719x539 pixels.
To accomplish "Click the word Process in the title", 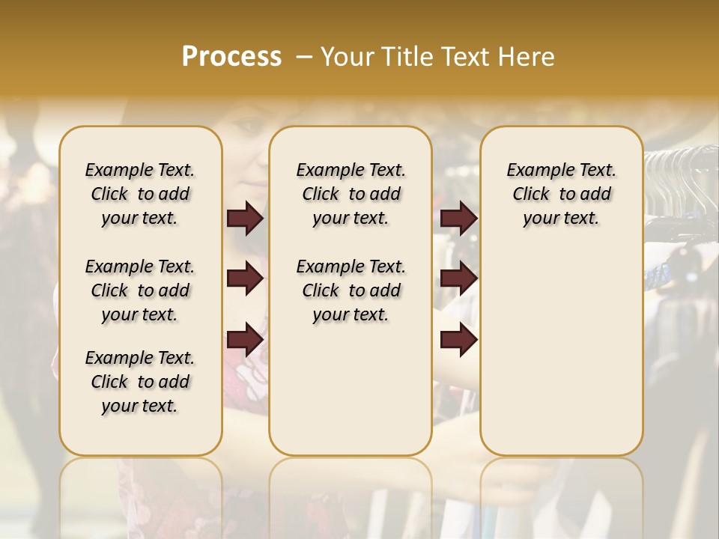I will [231, 57].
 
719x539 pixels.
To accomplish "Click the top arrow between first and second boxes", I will [245, 218].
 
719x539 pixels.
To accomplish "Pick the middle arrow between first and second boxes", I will [245, 278].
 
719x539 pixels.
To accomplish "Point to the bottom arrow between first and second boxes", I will [245, 339].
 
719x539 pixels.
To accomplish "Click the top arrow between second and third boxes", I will [458, 218].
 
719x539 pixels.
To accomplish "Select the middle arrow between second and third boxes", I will [458, 278].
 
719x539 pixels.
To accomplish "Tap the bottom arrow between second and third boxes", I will [458, 339].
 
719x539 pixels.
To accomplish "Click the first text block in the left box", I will [140, 194].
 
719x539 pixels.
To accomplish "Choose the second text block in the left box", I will [140, 290].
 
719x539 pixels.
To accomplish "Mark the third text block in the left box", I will [140, 382].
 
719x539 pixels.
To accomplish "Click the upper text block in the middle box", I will [351, 194].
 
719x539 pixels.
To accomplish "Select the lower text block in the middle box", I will [351, 290].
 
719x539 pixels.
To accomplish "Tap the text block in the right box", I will [561, 194].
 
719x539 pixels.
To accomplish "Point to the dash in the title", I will [303, 57].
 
